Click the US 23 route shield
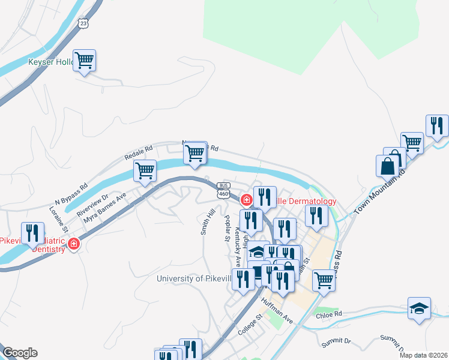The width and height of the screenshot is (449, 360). [x=83, y=23]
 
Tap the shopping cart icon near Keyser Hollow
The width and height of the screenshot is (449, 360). [x=85, y=60]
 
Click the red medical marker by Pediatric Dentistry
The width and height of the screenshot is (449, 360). [x=74, y=244]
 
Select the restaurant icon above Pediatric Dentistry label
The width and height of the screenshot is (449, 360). [x=32, y=232]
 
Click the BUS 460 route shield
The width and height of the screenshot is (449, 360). [x=223, y=190]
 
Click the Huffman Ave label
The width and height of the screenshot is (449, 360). [x=280, y=313]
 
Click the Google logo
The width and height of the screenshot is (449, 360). [x=20, y=353]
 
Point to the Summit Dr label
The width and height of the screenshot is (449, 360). [x=336, y=341]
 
